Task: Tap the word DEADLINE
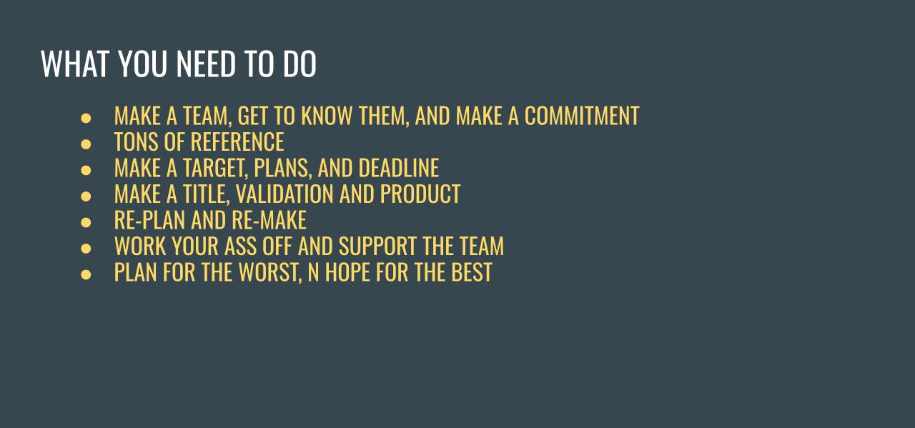click(x=398, y=168)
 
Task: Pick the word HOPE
click(x=349, y=272)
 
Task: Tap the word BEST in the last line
click(x=471, y=272)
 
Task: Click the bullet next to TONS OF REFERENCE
click(x=86, y=143)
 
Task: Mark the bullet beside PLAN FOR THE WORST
click(x=86, y=274)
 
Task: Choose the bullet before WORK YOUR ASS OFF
click(x=86, y=247)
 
